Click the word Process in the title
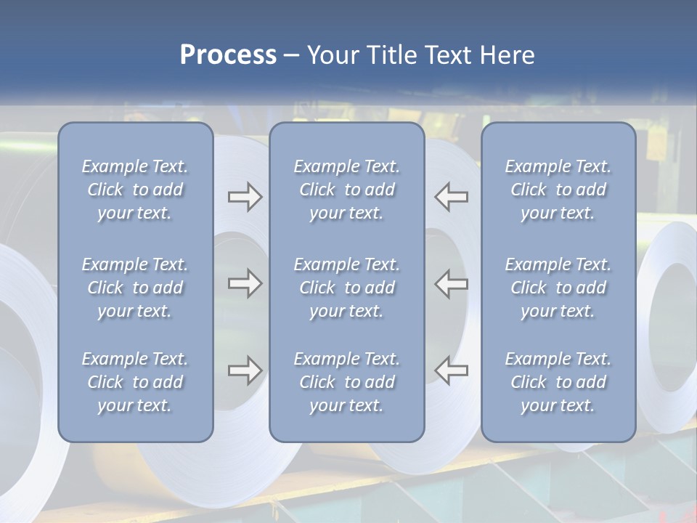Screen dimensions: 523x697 [228, 55]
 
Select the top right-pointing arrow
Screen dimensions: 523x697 [245, 197]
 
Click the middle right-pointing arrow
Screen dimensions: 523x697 [245, 283]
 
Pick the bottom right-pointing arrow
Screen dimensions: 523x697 [245, 370]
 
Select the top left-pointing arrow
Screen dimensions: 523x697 [452, 197]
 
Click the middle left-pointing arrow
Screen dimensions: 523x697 [452, 283]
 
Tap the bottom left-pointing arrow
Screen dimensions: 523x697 [452, 370]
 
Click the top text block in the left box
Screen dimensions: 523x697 [135, 190]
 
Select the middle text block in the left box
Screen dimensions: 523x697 [135, 288]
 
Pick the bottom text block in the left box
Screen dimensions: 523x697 [135, 382]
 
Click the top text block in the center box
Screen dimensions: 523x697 [346, 190]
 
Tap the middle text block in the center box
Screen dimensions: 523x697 [346, 288]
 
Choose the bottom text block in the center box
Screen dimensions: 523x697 [346, 382]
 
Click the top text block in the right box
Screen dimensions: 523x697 [558, 190]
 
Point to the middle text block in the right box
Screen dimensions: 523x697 [558, 288]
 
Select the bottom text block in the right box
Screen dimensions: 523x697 [558, 382]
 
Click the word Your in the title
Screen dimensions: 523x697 [335, 55]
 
